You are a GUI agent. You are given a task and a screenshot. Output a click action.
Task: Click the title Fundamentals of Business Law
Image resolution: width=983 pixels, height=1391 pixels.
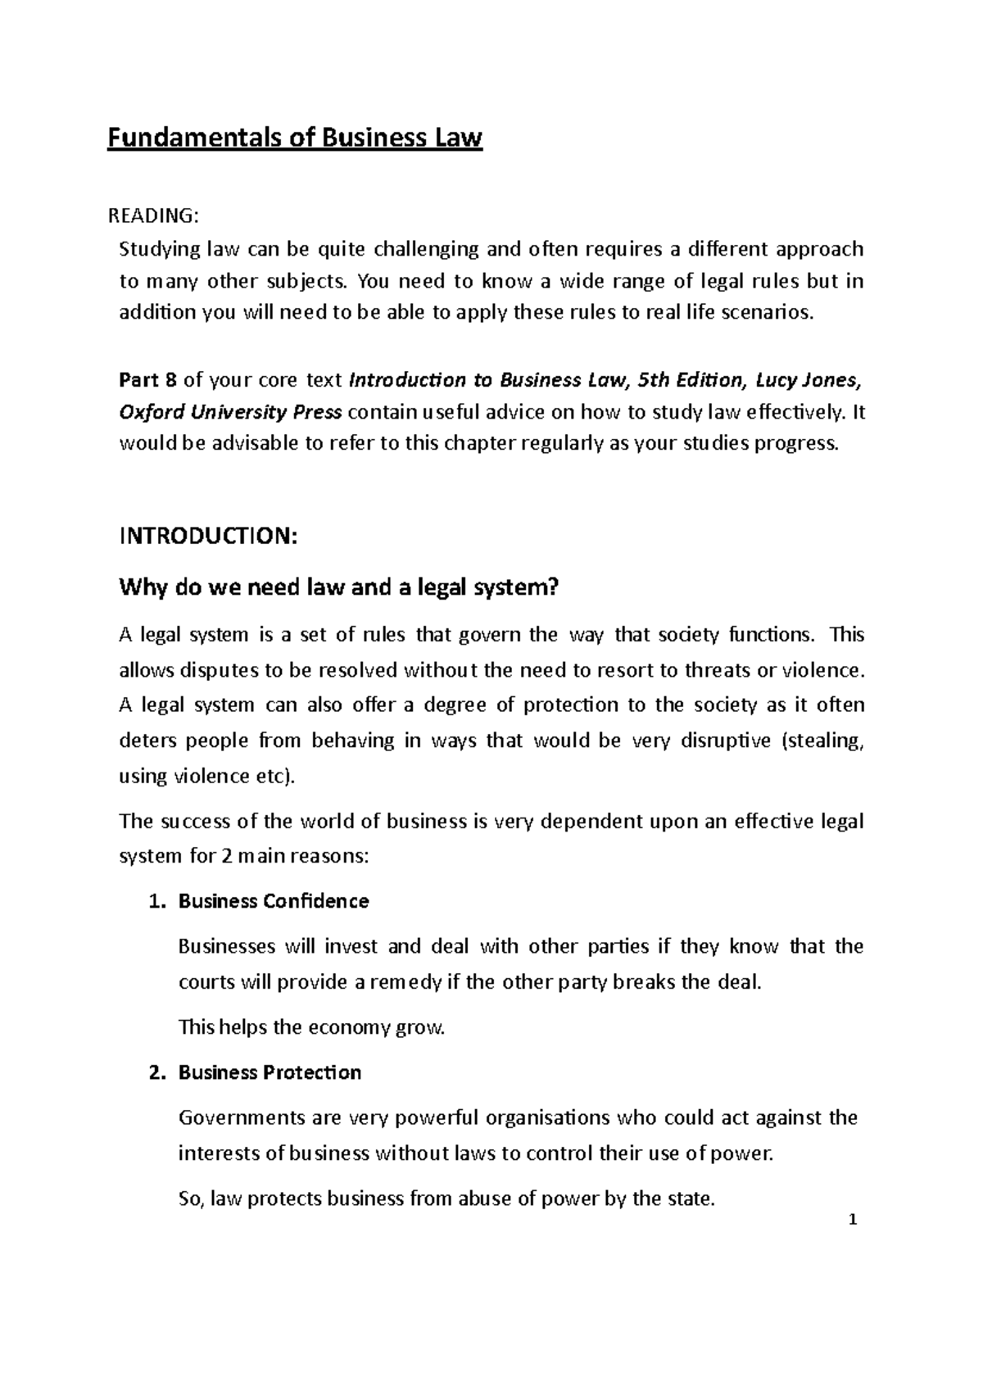click(295, 138)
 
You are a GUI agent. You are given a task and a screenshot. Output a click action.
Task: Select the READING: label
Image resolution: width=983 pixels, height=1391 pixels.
click(153, 215)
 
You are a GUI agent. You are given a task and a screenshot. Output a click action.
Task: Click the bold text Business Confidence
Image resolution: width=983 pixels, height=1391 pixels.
click(274, 902)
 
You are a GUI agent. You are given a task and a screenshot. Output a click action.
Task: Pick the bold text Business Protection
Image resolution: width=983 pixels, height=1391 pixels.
click(270, 1073)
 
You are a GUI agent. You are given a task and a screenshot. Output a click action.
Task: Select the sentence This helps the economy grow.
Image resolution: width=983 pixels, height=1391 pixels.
click(311, 1027)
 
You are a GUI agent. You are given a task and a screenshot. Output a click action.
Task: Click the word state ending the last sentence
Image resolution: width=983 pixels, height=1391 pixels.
click(690, 1199)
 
